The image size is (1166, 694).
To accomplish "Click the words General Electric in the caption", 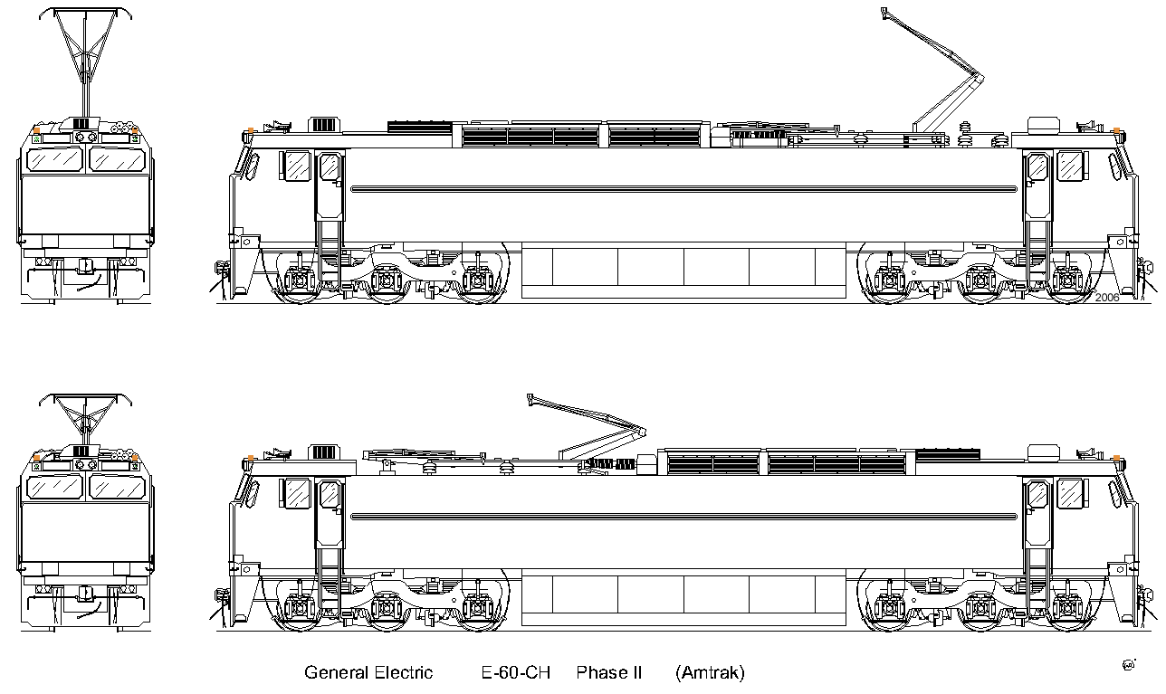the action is coord(368,672).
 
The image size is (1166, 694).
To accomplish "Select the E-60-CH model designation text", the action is coord(515,672).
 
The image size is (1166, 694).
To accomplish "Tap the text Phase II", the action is coord(609,672).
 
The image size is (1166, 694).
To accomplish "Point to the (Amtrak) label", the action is coord(710,673).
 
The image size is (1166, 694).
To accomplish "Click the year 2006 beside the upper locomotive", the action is coord(1107,298).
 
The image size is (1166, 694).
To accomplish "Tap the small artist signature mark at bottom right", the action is coord(1129,665).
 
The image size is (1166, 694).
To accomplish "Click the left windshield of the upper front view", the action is coord(54,159).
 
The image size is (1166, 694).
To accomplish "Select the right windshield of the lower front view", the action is coord(117,488).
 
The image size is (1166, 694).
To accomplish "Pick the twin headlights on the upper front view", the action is coord(86,138).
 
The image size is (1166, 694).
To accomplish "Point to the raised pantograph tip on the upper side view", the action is coord(884,13).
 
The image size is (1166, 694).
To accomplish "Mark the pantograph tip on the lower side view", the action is coord(530,400).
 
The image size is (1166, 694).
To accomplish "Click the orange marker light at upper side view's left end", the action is coord(251,130).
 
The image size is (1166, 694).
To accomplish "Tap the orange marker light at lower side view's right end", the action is coord(1116,459).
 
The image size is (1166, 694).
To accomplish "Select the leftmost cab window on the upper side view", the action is coord(297,166).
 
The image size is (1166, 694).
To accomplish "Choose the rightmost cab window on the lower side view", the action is coord(1070,493).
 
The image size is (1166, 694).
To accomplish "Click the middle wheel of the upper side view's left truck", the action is coord(386,280).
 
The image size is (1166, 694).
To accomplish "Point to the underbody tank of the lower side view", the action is coord(683,596).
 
